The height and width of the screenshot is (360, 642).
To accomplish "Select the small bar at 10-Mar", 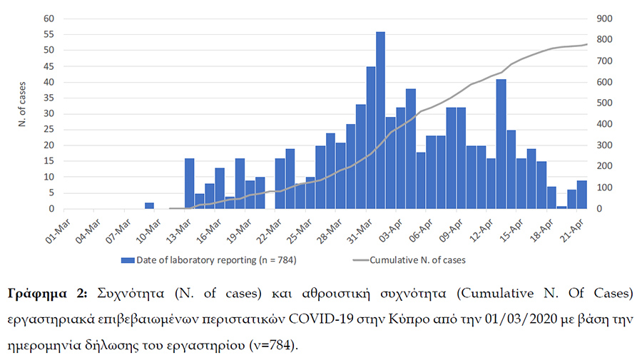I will coord(149,206).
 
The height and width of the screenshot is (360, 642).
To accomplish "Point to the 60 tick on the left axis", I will coord(49,19).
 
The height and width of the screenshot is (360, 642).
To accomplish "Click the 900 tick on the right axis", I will coord(604,19).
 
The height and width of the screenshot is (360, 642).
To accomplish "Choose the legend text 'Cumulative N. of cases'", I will coord(417,260).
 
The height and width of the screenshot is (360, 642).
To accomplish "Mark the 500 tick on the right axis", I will coord(604,103).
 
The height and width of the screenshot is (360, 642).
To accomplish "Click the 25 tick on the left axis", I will coord(49,130).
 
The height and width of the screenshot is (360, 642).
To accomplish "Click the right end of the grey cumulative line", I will coord(587,44).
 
